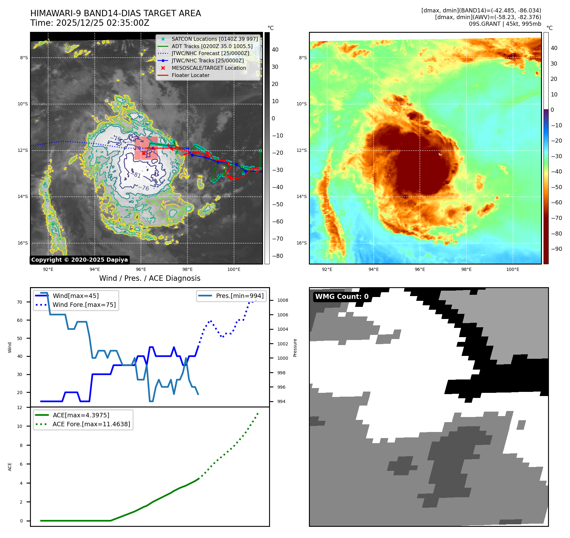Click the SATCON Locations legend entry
click(215, 39)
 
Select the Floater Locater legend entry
click(190, 75)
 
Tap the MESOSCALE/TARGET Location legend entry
click(208, 68)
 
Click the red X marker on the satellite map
click(144, 153)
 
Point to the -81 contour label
click(137, 175)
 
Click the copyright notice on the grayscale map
click(79, 260)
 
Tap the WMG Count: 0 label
click(342, 297)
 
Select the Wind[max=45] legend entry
click(76, 296)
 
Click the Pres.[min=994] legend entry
click(239, 296)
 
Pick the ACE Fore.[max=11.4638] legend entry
click(91, 424)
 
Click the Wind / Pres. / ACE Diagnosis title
click(150, 278)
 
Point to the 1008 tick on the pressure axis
click(282, 300)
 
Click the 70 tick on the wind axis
click(20, 302)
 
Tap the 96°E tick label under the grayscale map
click(141, 269)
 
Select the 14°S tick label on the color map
click(302, 196)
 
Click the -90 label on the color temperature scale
click(556, 249)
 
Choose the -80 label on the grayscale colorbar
click(277, 256)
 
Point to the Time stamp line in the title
click(90, 23)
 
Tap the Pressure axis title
click(295, 348)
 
